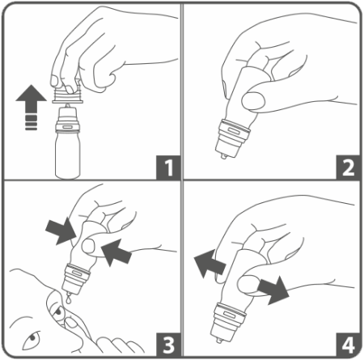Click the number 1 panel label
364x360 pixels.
[168, 167]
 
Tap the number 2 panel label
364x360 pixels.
[348, 167]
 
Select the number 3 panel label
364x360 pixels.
[168, 345]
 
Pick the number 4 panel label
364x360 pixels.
[348, 345]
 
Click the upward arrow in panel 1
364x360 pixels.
[31, 107]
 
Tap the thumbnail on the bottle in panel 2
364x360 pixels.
[253, 100]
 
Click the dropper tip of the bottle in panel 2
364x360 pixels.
[223, 155]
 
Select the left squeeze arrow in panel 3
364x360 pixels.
[61, 231]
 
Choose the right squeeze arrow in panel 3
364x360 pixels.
[116, 252]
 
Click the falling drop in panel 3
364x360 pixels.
[70, 299]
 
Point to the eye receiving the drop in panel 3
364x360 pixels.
[58, 312]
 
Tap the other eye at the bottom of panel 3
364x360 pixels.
[32, 339]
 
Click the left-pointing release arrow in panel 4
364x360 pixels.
[210, 264]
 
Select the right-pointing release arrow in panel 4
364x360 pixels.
[273, 290]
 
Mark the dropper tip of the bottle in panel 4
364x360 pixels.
[218, 341]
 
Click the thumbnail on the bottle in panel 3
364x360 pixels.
[88, 247]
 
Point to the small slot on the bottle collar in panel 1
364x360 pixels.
[67, 126]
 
